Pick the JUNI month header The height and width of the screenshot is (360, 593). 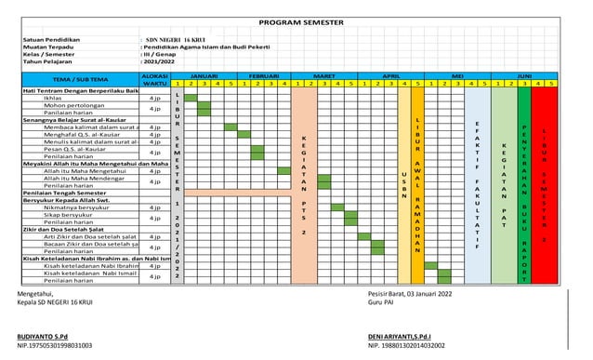coord(524,74)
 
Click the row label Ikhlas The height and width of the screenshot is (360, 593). coord(53,97)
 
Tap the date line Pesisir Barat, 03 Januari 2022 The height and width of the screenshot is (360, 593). coord(410,294)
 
